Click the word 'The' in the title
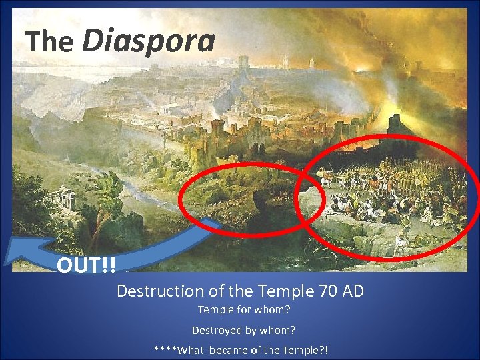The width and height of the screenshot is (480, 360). point(49,42)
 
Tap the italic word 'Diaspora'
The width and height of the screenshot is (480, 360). point(148,40)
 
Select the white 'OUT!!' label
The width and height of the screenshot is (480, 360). point(86,265)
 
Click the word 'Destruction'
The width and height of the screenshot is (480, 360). point(152,291)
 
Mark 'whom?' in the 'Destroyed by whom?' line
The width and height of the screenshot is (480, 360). point(280,330)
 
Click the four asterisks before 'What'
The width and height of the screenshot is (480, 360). point(165,350)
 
